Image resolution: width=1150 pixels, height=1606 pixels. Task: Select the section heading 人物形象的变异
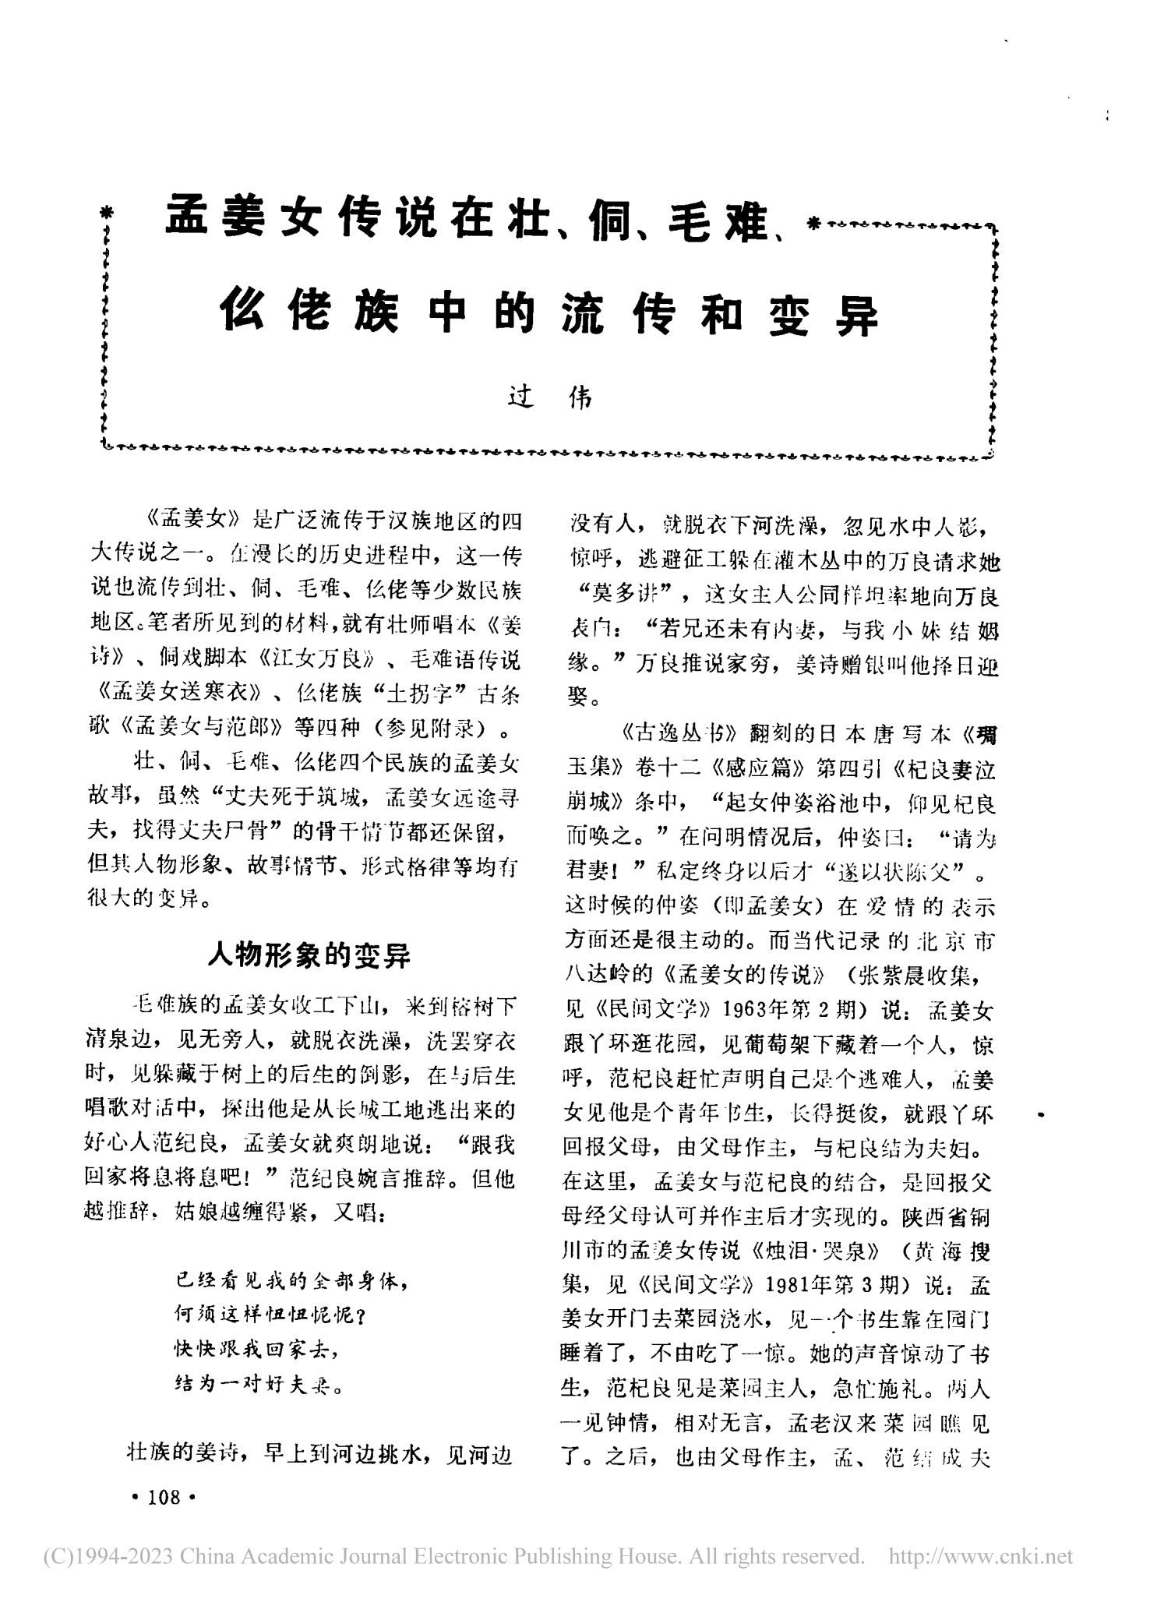pyautogui.click(x=309, y=956)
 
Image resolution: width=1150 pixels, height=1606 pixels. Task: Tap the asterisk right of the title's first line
pyautogui.click(x=815, y=224)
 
